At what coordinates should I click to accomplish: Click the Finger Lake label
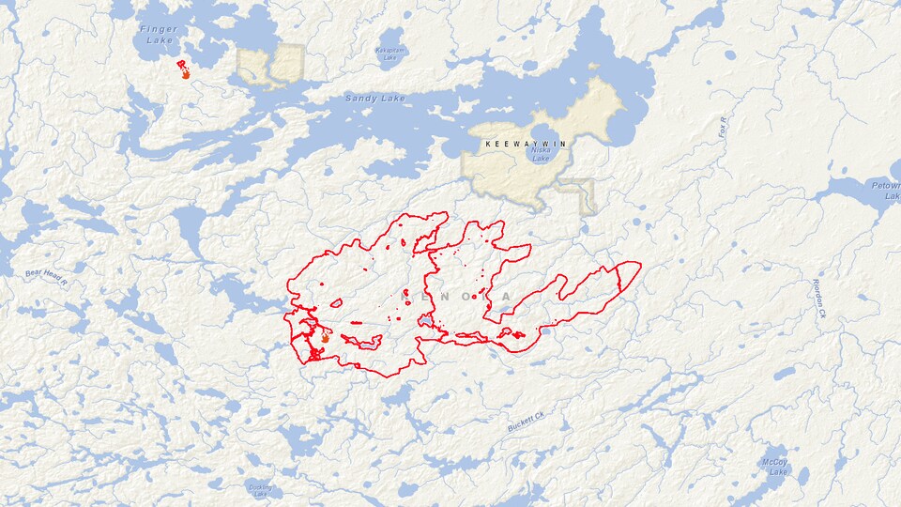(158, 36)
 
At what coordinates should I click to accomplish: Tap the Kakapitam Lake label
(390, 54)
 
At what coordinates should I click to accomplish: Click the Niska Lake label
(542, 154)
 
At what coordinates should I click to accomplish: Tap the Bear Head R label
(47, 277)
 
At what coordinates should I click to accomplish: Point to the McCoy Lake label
(775, 467)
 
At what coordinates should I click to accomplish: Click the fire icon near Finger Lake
(185, 71)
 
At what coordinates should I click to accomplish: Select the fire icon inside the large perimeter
(325, 337)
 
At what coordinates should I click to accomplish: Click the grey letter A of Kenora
(507, 297)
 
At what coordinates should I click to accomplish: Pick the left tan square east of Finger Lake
(252, 65)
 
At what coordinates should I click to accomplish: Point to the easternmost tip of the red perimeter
(641, 266)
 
